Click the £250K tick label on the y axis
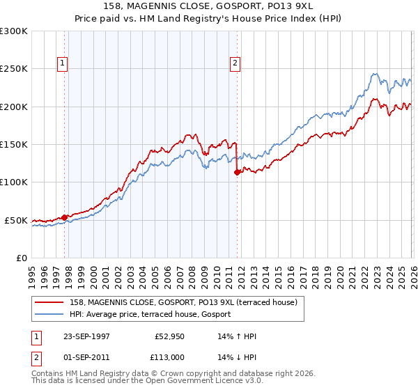[14, 69]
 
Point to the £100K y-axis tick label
[14, 182]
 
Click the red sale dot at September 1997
[65, 217]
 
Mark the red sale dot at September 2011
[237, 172]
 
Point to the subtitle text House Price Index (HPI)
[292, 20]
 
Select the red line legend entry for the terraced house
[183, 302]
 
